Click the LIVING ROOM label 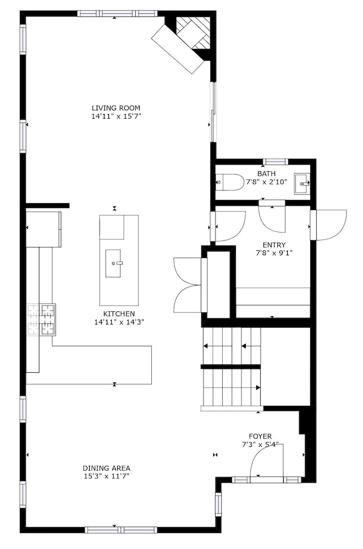point(116,108)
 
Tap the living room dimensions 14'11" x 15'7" point(116,116)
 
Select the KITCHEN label point(119,314)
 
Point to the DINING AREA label point(107,468)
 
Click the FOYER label point(260,436)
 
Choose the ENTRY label point(274,245)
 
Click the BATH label point(267,173)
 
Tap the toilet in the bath point(230,182)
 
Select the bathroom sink point(301,183)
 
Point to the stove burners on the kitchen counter point(41,320)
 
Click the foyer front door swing point(267,461)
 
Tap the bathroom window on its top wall point(276,162)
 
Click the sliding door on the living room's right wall point(213,112)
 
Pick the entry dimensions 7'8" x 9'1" point(274,253)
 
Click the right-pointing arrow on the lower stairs point(258,388)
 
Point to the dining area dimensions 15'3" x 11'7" point(107,476)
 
